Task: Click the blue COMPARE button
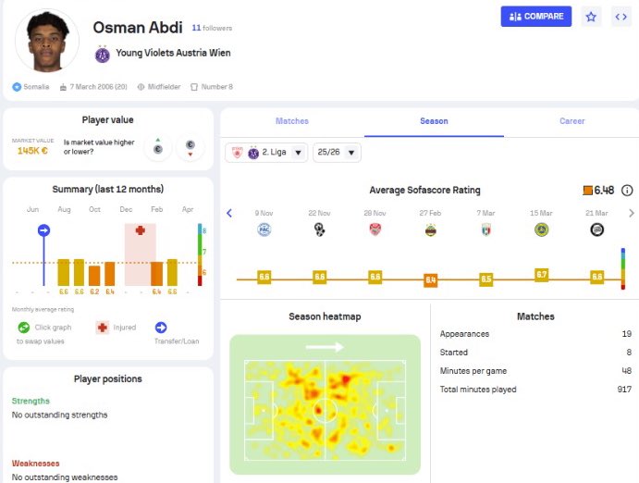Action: [536, 17]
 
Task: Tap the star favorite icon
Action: [591, 17]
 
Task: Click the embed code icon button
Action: [621, 17]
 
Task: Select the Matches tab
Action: [292, 121]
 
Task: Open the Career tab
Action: [571, 121]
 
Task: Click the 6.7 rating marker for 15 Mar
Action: [541, 275]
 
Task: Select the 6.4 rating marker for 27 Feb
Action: [430, 279]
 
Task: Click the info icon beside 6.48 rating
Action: [627, 191]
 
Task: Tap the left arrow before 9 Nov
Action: [229, 214]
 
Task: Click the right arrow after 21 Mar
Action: [632, 214]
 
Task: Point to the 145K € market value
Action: [31, 150]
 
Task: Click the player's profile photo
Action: [47, 41]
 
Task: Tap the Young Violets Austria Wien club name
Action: [173, 54]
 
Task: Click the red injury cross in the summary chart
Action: [140, 229]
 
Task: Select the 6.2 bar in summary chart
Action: [94, 275]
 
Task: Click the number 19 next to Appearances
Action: [626, 334]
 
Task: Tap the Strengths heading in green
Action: [31, 401]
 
